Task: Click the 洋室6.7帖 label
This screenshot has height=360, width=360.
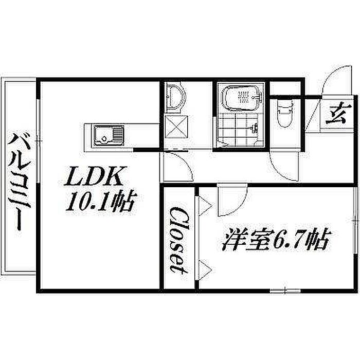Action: (276, 240)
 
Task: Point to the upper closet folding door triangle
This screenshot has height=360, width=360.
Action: (204, 205)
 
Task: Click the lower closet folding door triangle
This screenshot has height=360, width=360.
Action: (204, 268)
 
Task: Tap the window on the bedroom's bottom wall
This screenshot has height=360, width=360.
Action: (278, 291)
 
